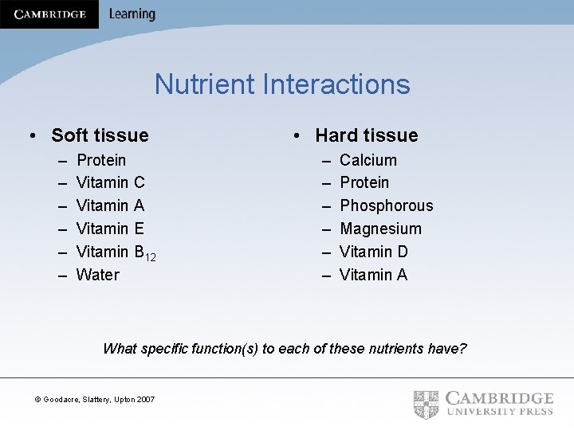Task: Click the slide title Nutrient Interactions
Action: [x=282, y=84]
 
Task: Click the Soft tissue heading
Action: [x=100, y=135]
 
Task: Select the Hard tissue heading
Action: [x=366, y=135]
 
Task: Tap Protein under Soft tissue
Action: [x=101, y=160]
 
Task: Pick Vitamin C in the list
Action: [x=110, y=183]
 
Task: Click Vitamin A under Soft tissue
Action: [x=110, y=206]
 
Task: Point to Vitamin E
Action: [x=110, y=229]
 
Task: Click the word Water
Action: [x=97, y=276]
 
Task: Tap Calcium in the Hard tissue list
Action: [x=368, y=160]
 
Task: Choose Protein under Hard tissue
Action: [x=364, y=183]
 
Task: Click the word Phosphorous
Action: [x=387, y=206]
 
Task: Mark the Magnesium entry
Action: [x=380, y=229]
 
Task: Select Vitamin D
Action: [x=374, y=252]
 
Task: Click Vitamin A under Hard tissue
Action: [x=373, y=276]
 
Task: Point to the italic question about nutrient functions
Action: [x=285, y=349]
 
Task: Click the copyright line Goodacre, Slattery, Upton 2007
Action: [x=96, y=399]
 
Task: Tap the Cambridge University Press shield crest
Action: [x=427, y=403]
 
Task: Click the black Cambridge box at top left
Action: [x=49, y=14]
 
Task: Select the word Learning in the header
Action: [x=132, y=14]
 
